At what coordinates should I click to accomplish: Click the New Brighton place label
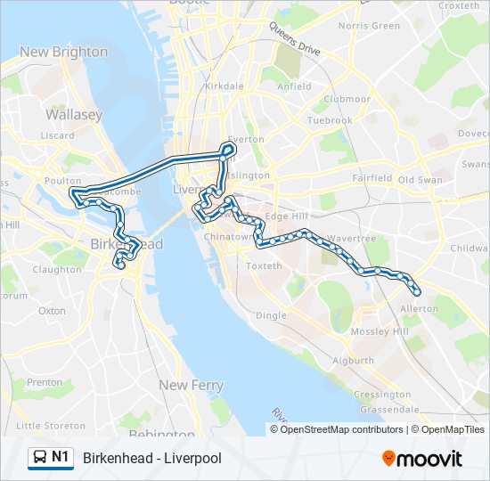63,52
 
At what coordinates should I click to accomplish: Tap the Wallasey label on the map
74,115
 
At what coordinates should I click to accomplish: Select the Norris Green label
369,26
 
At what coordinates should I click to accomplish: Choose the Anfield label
294,86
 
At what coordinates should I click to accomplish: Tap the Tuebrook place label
329,120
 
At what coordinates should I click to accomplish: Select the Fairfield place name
372,178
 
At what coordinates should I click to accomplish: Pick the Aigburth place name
353,361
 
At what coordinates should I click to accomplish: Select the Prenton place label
45,382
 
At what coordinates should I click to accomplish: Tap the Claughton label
56,270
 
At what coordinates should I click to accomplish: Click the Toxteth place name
263,266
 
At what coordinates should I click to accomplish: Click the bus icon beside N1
40,458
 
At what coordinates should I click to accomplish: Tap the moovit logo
422,458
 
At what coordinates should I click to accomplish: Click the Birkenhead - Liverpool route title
151,458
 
